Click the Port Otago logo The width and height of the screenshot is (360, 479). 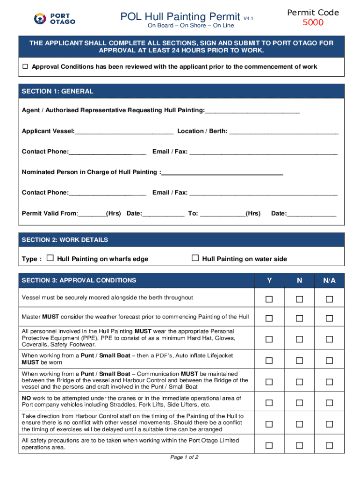55,18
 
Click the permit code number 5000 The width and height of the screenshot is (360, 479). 313,23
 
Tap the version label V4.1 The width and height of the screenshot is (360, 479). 248,19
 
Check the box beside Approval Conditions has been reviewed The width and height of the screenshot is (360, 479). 25,67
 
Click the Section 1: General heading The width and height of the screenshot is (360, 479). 58,91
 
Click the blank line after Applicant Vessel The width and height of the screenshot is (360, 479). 124,131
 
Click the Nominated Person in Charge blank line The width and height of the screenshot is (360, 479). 222,173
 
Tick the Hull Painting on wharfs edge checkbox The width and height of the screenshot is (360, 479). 50,258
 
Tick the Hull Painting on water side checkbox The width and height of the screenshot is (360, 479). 195,258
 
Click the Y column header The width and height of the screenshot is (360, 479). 269,281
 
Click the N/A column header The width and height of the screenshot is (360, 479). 329,281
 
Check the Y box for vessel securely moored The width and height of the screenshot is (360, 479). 269,299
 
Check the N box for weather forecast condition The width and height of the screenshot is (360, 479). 299,319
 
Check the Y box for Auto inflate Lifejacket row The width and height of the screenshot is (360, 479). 269,360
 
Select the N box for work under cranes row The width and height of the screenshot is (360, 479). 299,402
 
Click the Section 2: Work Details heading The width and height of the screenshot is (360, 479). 65,240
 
